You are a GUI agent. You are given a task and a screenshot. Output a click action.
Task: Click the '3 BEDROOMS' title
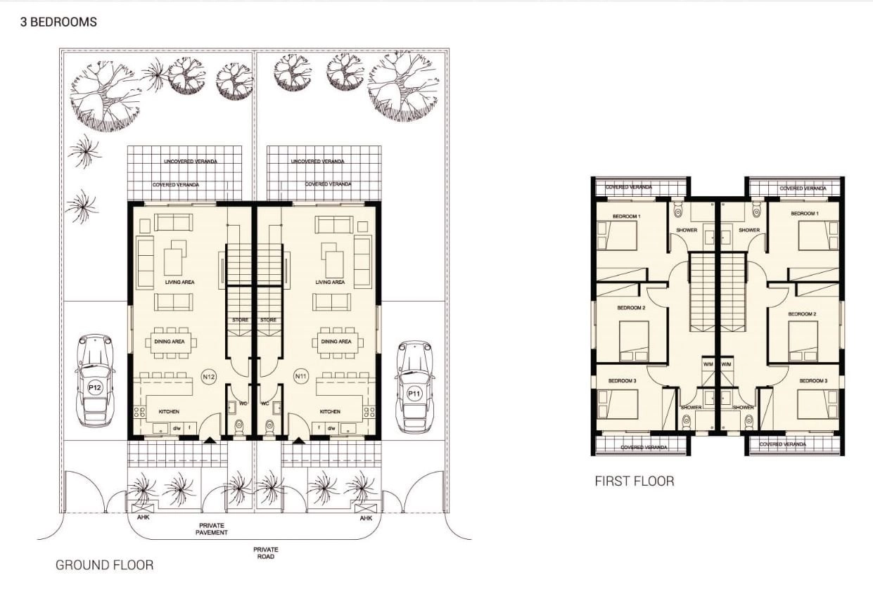tap(58, 22)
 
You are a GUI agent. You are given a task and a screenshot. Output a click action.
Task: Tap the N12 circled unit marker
tap(209, 377)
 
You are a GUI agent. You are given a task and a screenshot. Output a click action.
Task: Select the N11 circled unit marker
tap(301, 376)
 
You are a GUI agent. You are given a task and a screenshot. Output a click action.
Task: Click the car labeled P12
tap(95, 380)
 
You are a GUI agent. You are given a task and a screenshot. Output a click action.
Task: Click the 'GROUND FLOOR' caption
tap(104, 565)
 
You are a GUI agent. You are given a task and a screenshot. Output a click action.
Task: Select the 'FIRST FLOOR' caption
tap(635, 482)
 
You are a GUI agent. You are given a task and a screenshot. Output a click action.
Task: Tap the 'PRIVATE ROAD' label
tap(266, 553)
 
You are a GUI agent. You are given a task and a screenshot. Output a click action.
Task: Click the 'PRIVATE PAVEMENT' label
tap(212, 529)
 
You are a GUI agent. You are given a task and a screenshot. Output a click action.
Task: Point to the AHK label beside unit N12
tap(143, 517)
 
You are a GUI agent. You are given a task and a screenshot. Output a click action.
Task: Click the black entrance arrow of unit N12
tap(210, 441)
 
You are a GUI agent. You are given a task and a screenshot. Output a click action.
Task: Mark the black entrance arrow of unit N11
tap(298, 441)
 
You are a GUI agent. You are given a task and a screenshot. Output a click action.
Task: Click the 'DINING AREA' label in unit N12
tap(170, 342)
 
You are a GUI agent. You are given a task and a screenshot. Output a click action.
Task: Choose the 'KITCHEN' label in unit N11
tap(330, 411)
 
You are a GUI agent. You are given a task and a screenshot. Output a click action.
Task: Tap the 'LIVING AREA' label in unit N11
tap(330, 282)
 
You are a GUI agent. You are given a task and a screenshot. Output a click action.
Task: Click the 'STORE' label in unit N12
tap(240, 320)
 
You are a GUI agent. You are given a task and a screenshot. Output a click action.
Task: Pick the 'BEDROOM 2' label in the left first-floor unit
tap(632, 308)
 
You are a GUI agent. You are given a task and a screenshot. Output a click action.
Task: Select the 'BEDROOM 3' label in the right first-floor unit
tap(813, 380)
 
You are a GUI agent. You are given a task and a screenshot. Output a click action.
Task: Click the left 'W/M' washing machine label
tap(708, 364)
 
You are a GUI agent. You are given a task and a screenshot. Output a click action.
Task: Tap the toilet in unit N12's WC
tap(239, 426)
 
